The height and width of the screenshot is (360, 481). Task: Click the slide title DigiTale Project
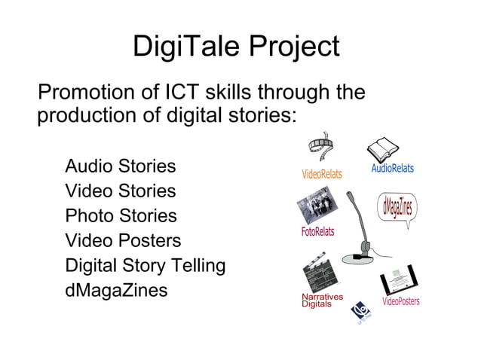(x=236, y=47)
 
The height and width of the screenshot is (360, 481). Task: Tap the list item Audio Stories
(x=120, y=166)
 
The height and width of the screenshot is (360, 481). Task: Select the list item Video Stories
(x=120, y=191)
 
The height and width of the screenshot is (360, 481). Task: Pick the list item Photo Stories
(x=121, y=216)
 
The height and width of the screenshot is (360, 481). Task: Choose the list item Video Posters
(x=123, y=241)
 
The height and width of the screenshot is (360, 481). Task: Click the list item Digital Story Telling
(x=146, y=266)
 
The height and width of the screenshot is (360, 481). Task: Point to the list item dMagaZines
(x=116, y=291)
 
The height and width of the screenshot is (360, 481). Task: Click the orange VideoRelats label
(x=321, y=174)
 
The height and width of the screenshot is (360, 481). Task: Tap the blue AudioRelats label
(x=392, y=168)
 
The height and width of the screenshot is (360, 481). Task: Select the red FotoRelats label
(x=317, y=232)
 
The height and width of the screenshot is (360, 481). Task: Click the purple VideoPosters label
(x=400, y=301)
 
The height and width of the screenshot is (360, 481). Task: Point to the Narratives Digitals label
(x=322, y=301)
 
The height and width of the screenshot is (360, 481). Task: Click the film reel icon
(x=323, y=148)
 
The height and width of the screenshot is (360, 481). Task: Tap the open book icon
(x=382, y=147)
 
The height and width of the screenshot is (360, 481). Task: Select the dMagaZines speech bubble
(x=397, y=207)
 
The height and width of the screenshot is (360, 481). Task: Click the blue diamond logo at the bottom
(x=364, y=310)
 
